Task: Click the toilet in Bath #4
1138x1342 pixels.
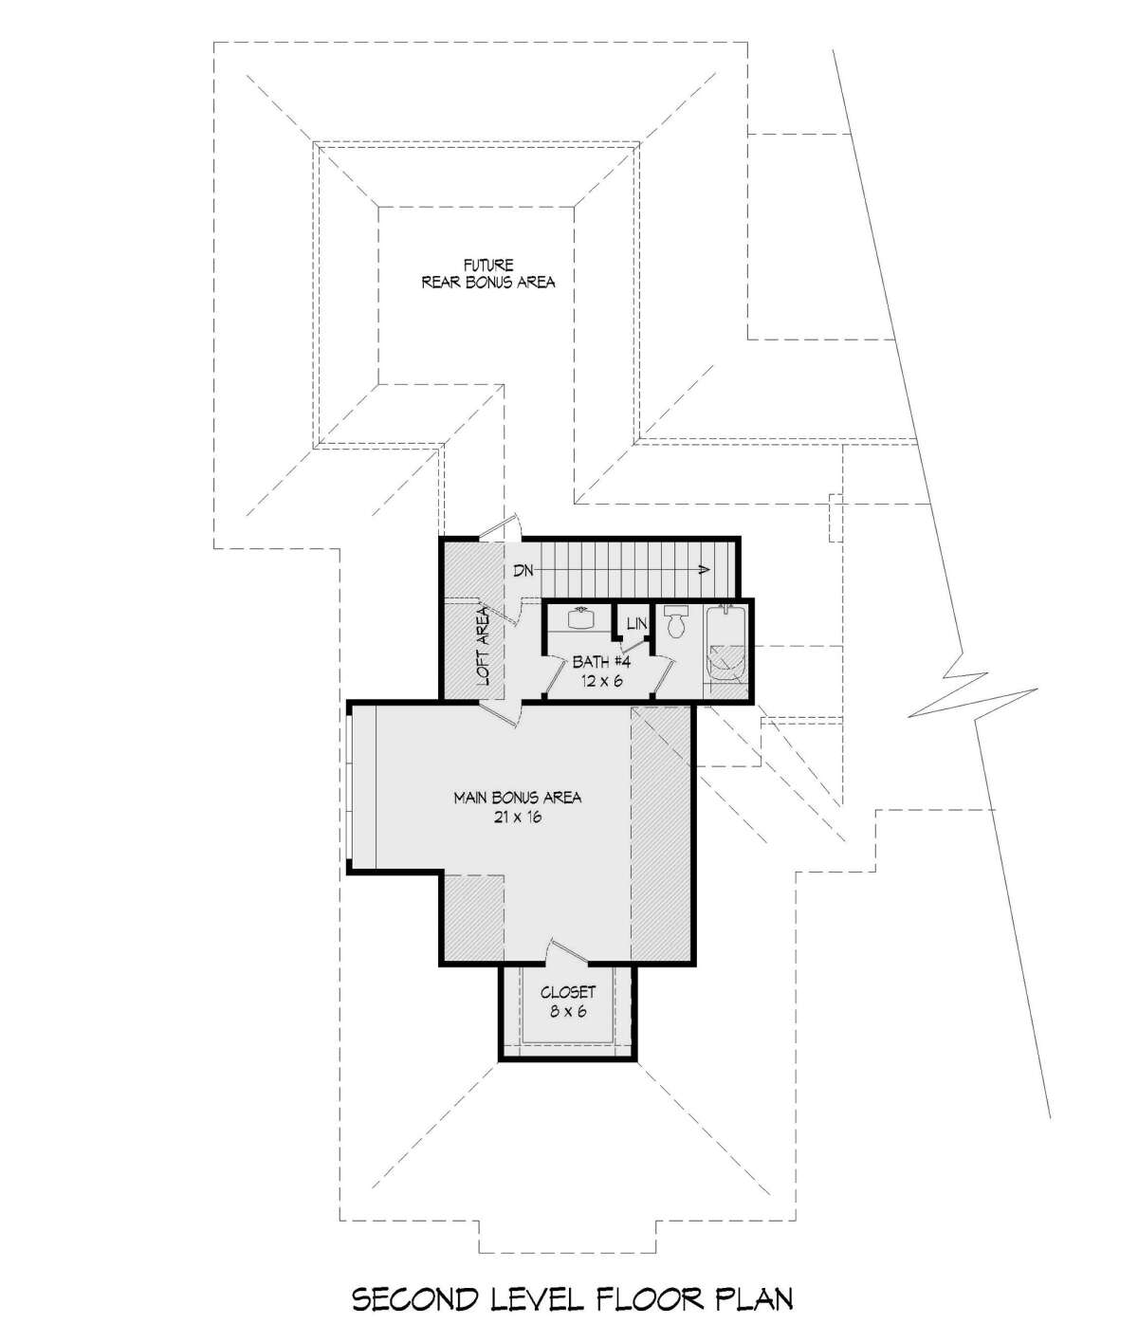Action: tap(676, 622)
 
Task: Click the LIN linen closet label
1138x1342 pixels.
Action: tap(637, 623)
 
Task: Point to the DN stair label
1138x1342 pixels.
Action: tap(523, 571)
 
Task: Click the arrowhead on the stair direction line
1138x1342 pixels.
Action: tap(704, 570)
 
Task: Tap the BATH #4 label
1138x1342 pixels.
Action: tap(602, 662)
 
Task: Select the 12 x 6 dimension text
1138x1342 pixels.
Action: tap(602, 682)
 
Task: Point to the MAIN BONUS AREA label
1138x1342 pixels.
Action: tap(518, 798)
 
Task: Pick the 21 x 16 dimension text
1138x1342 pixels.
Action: tap(518, 818)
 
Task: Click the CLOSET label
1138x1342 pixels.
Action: tap(568, 992)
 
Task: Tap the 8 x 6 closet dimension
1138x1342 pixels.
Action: tap(568, 1012)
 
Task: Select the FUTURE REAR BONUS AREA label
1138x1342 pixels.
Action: tap(488, 273)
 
